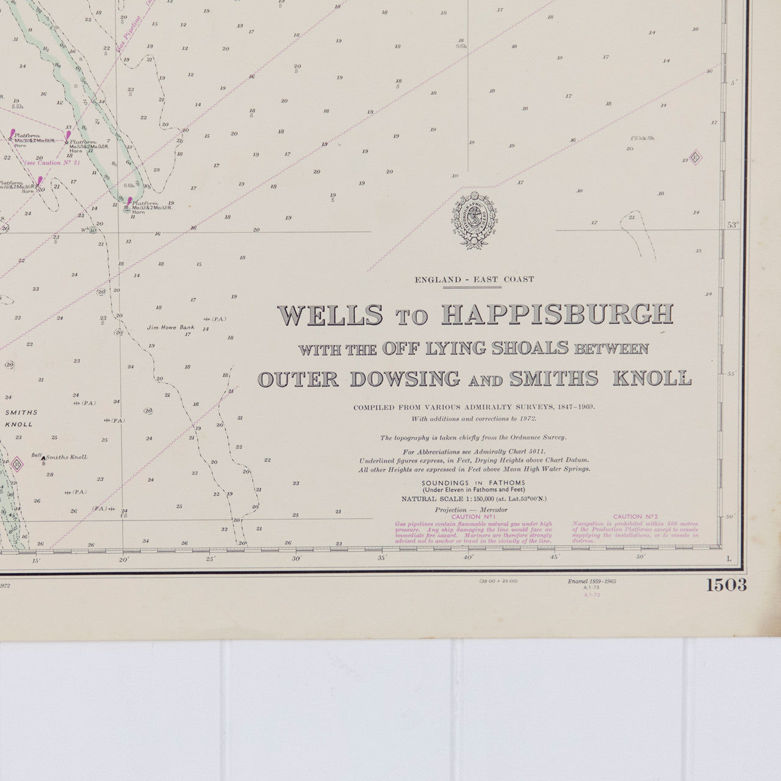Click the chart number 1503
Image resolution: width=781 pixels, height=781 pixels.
[726, 585]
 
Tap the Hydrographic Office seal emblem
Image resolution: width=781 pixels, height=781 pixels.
[472, 220]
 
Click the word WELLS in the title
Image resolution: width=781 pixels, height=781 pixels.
[331, 315]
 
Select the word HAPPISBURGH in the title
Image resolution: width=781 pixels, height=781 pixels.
[556, 314]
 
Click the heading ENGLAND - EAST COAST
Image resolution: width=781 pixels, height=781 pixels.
[474, 279]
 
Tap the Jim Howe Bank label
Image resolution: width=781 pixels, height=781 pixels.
[170, 327]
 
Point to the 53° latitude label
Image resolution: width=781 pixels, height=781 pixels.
[733, 225]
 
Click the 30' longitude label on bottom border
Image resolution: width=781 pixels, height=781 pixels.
[297, 558]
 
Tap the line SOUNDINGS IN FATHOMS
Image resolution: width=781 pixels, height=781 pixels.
[473, 483]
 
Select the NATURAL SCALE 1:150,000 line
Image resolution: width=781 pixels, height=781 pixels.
[473, 498]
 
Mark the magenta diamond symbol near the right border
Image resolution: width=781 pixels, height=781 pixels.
[696, 157]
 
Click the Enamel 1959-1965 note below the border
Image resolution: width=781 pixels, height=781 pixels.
[592, 581]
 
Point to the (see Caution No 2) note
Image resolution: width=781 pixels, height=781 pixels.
[52, 163]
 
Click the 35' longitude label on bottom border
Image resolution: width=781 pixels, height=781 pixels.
[382, 558]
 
